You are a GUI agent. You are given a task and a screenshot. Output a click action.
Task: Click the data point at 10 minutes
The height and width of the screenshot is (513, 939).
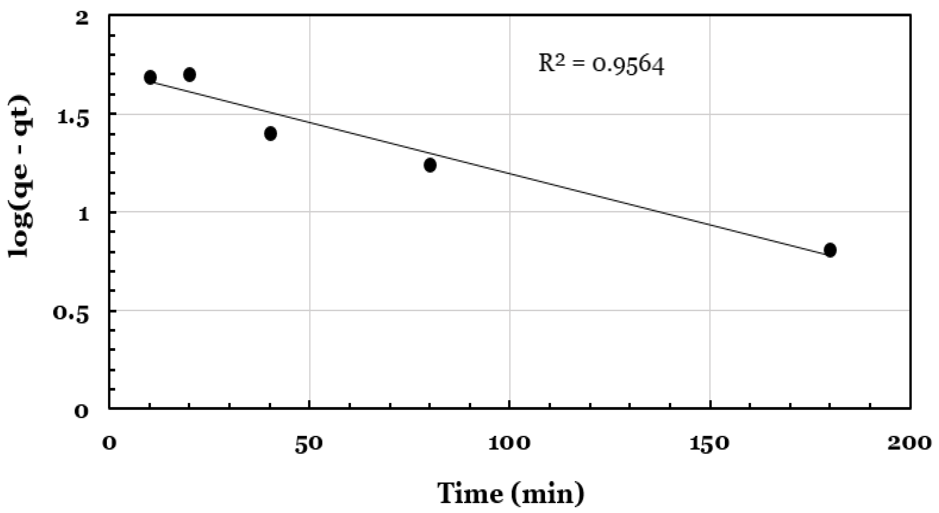150,77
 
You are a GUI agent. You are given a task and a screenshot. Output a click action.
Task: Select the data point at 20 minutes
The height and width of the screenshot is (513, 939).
189,75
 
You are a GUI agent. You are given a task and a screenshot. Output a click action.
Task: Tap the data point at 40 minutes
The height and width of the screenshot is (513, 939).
270,134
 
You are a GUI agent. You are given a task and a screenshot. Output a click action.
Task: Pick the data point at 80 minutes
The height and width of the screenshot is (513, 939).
430,165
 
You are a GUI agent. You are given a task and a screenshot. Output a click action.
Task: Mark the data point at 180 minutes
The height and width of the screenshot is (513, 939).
830,250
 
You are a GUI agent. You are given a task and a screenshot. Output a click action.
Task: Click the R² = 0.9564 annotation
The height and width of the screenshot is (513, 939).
602,65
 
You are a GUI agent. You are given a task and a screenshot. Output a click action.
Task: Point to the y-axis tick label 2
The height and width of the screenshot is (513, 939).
82,18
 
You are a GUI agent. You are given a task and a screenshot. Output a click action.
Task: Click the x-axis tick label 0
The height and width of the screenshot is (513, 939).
109,444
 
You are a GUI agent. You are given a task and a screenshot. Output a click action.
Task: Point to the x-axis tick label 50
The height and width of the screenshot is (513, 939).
309,444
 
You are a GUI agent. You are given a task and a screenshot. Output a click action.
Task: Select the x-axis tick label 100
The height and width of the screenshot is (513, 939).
509,444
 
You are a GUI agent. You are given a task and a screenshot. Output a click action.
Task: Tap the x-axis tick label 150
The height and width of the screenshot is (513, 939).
709,444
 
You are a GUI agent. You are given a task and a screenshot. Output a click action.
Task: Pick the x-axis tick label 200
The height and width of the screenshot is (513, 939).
909,444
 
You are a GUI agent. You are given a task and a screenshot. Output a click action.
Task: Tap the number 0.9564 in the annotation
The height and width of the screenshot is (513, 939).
628,66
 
